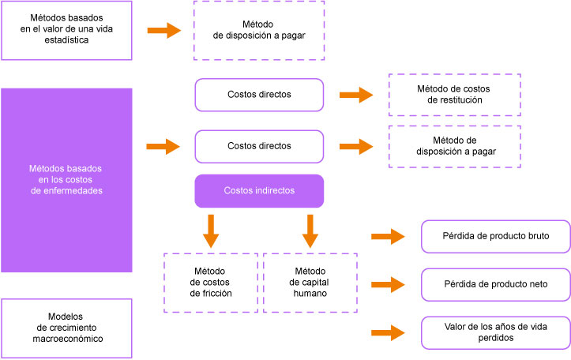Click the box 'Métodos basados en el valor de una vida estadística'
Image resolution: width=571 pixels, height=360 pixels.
(66, 30)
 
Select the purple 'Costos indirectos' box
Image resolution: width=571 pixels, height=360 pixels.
(259, 190)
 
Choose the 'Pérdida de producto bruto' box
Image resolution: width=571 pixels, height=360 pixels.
(496, 236)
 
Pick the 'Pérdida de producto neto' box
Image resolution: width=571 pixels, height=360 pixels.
(496, 283)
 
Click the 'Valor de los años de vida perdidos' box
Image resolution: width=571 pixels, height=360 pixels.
(496, 332)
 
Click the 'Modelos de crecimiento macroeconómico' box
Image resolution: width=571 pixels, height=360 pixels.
(66, 328)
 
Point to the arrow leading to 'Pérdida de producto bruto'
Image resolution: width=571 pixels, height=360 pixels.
(387, 236)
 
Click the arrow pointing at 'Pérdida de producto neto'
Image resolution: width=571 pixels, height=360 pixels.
(387, 284)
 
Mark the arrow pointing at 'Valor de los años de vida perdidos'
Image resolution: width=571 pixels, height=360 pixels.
(387, 332)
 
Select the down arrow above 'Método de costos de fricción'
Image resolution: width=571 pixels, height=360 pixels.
(209, 230)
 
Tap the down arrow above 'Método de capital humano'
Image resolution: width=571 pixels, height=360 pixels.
(310, 230)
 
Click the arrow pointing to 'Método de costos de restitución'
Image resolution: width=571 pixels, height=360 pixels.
(356, 95)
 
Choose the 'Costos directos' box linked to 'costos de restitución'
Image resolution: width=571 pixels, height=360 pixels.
(259, 95)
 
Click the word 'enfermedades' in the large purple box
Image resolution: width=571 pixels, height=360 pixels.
(66, 190)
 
